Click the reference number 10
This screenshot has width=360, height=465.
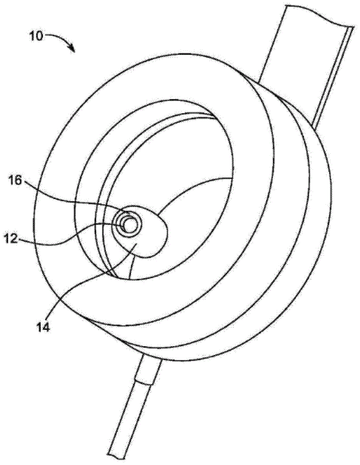tap(36, 36)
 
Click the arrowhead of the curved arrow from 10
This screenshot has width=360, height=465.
tap(73, 48)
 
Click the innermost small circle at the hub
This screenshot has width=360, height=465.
tap(129, 224)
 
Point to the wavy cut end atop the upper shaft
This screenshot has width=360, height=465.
tap(316, 14)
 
